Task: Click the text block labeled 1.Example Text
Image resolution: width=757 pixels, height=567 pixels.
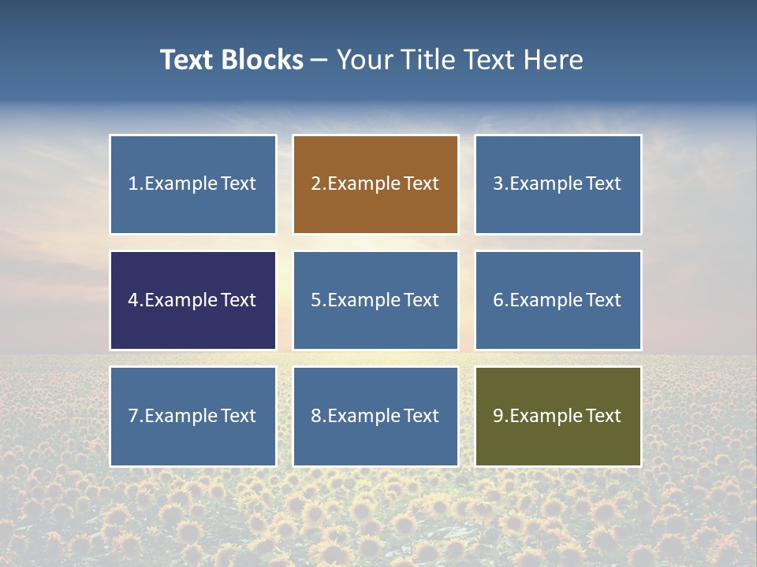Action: (x=192, y=184)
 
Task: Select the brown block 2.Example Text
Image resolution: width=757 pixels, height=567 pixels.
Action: (x=375, y=184)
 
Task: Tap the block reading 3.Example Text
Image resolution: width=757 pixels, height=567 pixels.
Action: (x=557, y=184)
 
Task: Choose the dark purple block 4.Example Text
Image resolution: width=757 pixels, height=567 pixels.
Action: (x=192, y=300)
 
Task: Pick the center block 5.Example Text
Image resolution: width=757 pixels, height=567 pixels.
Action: (x=375, y=300)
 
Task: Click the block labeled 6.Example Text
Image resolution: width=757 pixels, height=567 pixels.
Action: (x=557, y=300)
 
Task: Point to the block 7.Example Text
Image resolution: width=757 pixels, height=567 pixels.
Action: (x=192, y=416)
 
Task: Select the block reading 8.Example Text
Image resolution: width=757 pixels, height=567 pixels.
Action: (x=375, y=416)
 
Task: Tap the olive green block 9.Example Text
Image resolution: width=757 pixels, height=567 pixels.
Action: (x=557, y=416)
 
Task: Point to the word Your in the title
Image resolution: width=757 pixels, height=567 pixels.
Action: (x=361, y=60)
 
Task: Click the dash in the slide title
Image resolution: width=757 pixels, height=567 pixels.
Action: (x=319, y=60)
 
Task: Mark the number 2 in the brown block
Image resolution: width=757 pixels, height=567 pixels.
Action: (x=315, y=184)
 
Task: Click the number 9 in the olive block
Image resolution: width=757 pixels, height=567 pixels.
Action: (x=498, y=416)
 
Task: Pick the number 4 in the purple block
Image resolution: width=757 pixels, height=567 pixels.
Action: (x=133, y=300)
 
